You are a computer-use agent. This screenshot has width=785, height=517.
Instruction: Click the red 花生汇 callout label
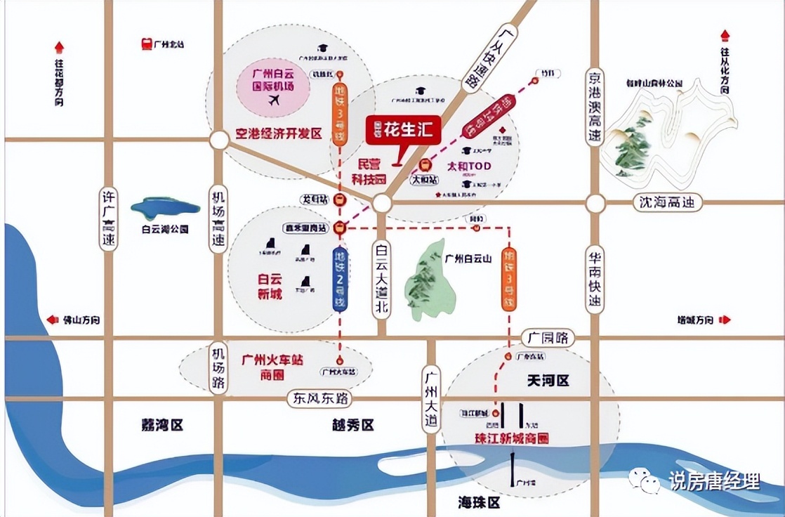coord(403,130)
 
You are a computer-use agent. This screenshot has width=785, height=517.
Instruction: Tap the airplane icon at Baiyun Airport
coord(273,100)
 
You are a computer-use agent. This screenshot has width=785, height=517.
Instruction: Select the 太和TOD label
coord(468,166)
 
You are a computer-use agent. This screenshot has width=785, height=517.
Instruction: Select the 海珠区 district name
coord(478,502)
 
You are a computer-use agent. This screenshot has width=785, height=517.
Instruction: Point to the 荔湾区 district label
coord(161,426)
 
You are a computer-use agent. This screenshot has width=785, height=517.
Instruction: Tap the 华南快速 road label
coord(595,278)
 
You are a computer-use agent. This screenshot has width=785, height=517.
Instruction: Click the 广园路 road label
coord(548,339)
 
